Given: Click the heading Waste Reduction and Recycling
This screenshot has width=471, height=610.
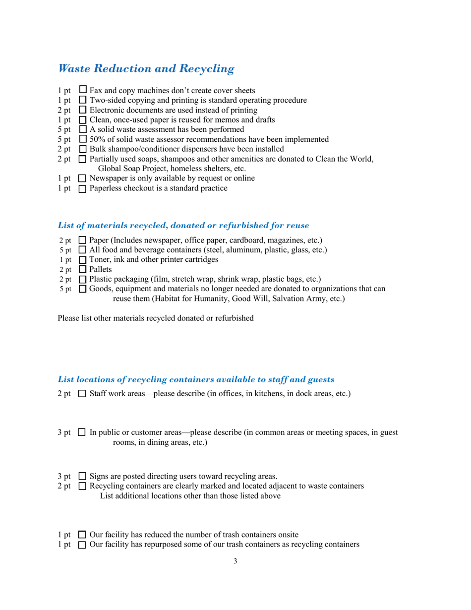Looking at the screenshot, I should tap(146, 68).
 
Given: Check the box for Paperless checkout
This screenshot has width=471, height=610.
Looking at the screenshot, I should tap(82, 188).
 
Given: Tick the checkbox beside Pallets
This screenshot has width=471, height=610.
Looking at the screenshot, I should tap(82, 269).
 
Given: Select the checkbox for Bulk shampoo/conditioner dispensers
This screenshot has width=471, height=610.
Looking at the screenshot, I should tap(82, 149).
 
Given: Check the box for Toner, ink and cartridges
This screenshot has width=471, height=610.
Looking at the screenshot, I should tap(82, 259).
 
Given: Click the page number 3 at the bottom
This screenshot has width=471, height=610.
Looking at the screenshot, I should tap(235, 561).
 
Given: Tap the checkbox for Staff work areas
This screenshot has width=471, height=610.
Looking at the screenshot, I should tap(82, 394).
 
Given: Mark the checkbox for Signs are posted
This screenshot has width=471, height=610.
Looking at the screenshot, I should tap(82, 477).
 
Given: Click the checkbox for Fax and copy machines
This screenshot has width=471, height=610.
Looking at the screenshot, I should tap(83, 90).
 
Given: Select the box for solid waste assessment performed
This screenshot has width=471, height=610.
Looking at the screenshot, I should tap(82, 129).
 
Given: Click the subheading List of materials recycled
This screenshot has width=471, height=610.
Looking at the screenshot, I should tap(183, 225).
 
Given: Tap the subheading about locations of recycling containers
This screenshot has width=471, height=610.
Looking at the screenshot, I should tap(196, 379).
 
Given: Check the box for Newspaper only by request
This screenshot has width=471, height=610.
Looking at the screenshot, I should tap(82, 179).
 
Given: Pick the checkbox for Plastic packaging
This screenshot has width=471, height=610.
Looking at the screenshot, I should tap(82, 279).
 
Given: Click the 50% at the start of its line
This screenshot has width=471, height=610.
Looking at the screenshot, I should tap(97, 139).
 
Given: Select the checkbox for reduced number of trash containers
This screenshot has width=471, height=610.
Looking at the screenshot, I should tap(82, 535).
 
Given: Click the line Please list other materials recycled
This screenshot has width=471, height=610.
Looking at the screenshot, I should tap(156, 318).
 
